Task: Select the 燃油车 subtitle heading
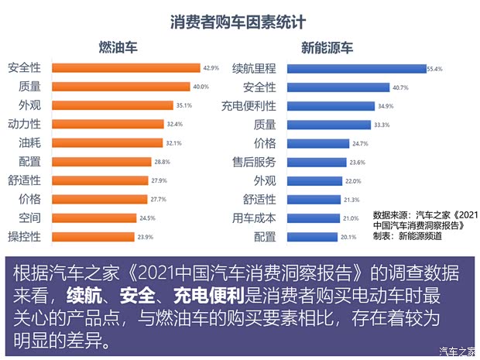click(117, 49)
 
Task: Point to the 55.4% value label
click(434, 69)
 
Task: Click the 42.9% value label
click(211, 68)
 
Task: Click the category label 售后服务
click(254, 162)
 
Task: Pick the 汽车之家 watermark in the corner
click(456, 351)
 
